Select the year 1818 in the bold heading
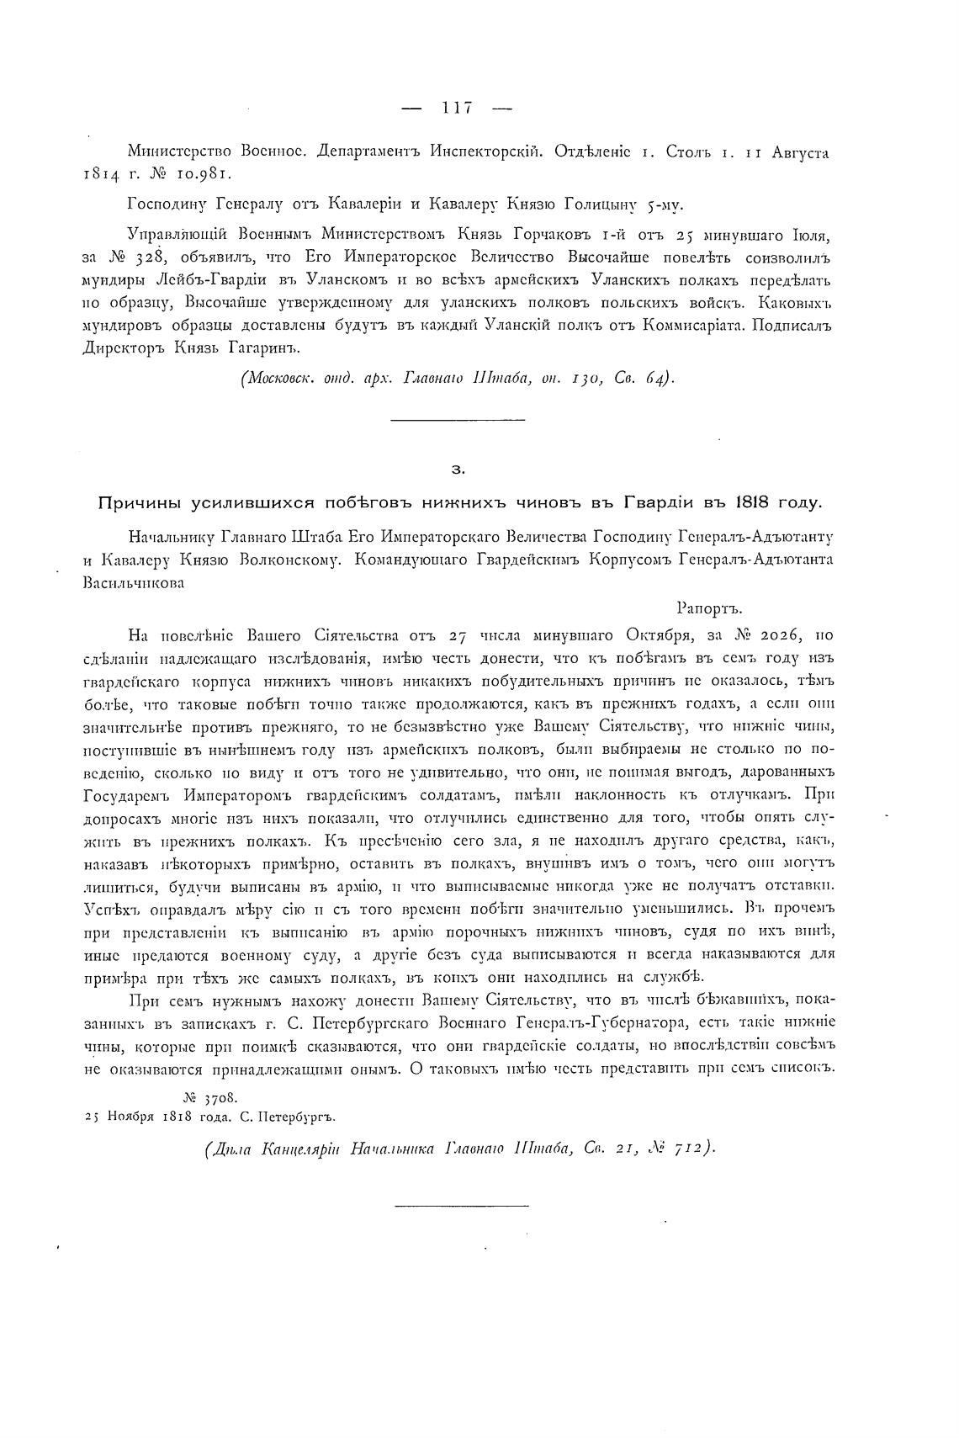(x=754, y=503)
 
